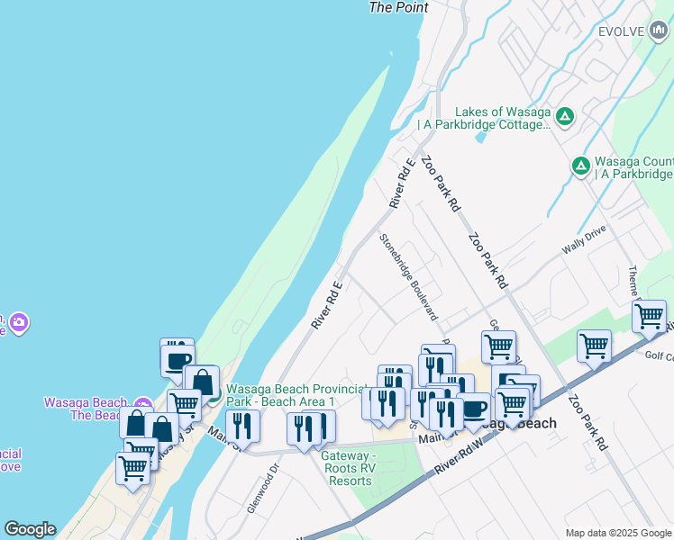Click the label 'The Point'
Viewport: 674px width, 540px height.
[398, 7]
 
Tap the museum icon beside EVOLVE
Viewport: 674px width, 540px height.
[658, 31]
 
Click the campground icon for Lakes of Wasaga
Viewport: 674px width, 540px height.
[565, 115]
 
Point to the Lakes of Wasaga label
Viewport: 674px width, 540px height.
[503, 118]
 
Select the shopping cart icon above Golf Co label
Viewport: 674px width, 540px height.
[594, 346]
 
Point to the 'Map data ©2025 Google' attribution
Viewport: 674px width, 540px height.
[618, 533]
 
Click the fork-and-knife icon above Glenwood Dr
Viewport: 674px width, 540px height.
[242, 426]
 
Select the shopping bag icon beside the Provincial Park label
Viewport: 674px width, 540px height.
[202, 382]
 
